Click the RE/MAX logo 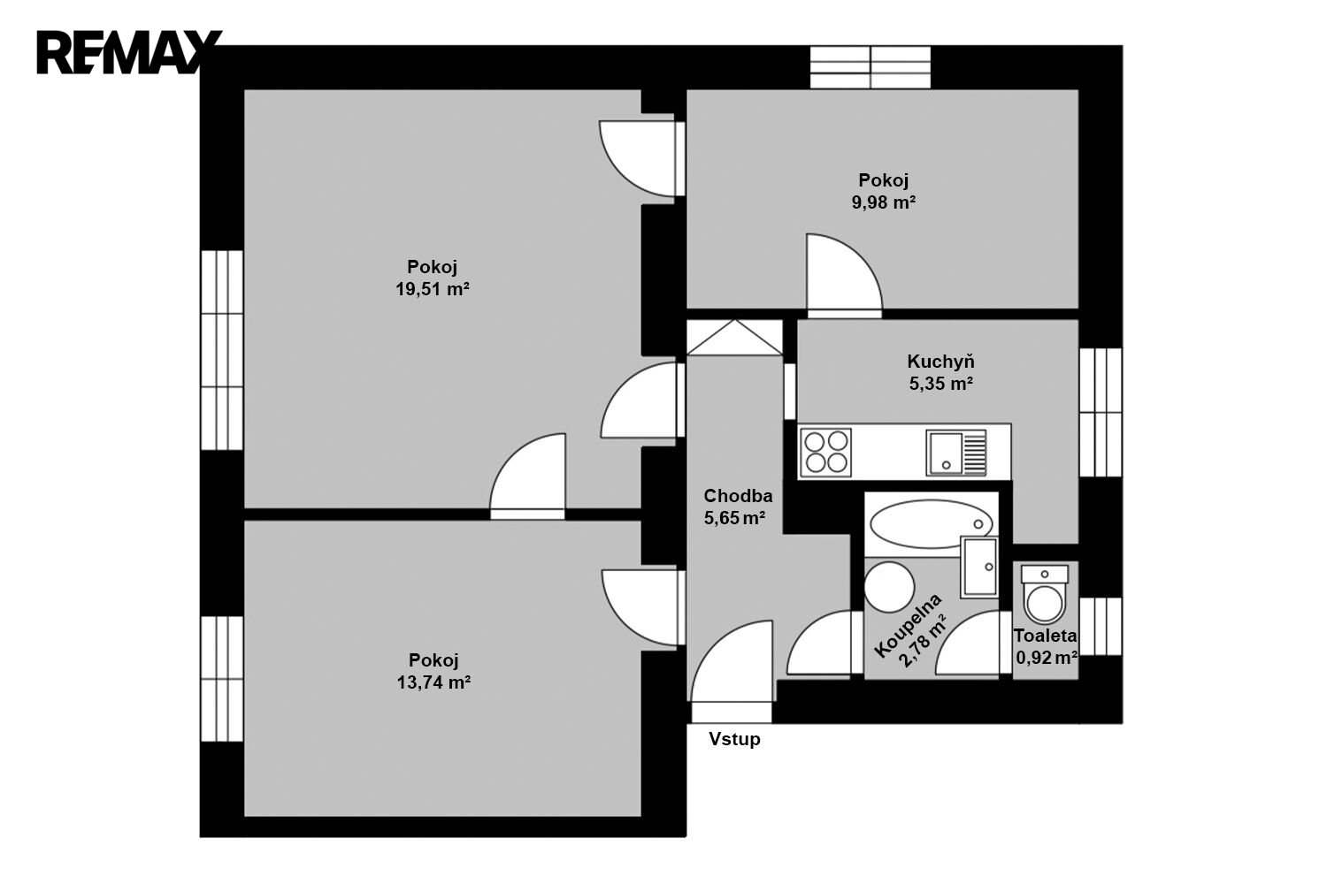point(129,52)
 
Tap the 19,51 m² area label point(433,290)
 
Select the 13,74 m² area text point(433,682)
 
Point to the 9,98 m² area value point(884,202)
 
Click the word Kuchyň point(940,361)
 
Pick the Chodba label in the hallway point(738,496)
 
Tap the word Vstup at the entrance point(734,739)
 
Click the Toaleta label point(1045,636)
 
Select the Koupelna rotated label point(907,625)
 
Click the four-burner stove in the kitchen point(825,453)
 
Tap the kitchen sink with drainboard point(956,453)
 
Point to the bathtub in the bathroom point(932,524)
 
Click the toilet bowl point(1045,596)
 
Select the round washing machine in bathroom point(889,587)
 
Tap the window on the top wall point(871,67)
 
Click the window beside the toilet point(1101,627)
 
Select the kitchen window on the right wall point(1101,413)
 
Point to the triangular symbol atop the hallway point(734,338)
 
